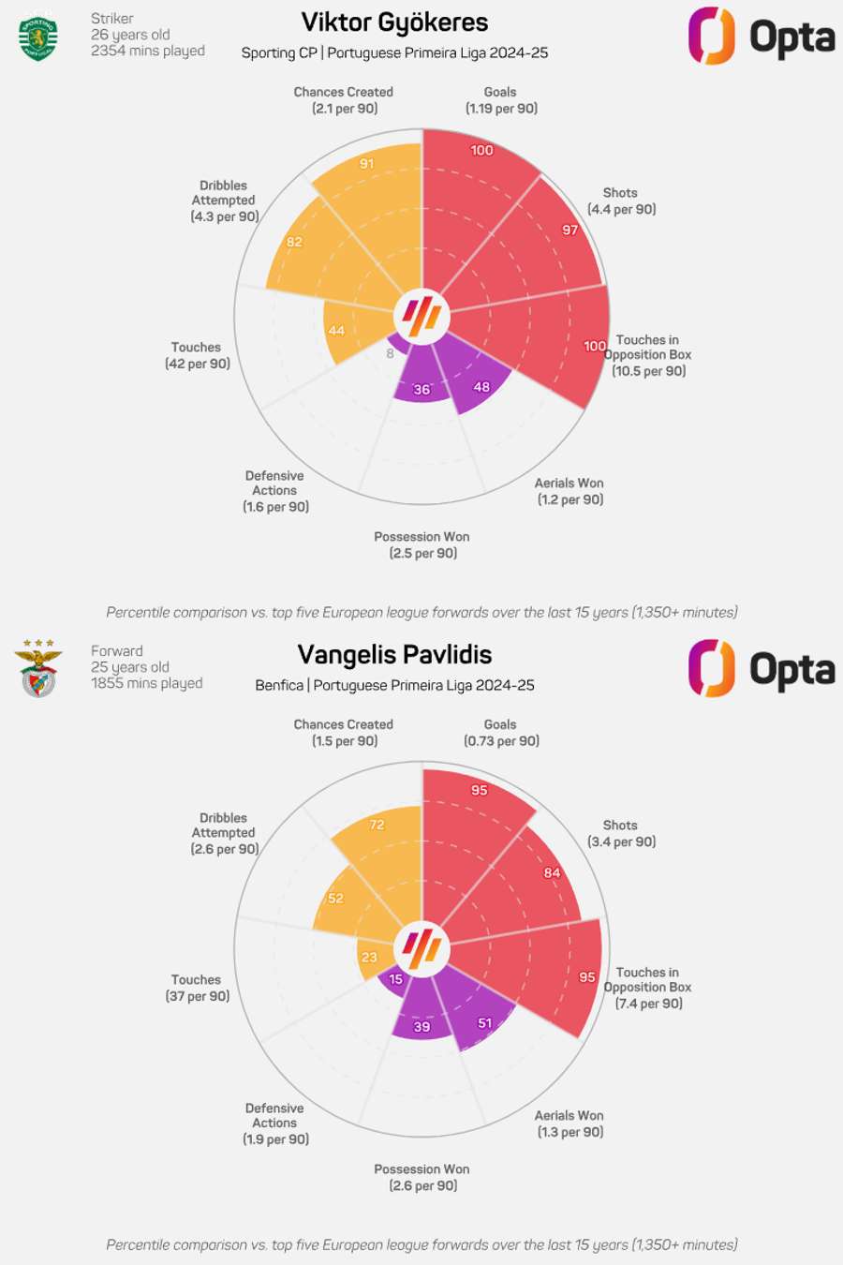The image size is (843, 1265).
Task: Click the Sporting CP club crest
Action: (38, 37)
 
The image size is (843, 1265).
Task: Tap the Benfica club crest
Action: (38, 669)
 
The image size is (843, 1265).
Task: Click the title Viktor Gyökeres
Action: (394, 22)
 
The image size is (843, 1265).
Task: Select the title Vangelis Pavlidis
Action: (394, 655)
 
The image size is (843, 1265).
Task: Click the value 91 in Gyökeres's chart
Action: (367, 164)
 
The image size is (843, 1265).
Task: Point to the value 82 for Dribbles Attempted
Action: (295, 242)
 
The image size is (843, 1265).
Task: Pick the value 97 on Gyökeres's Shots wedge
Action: (570, 230)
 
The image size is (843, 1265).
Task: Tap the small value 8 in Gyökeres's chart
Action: (391, 353)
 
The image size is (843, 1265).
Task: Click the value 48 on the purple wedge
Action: (481, 386)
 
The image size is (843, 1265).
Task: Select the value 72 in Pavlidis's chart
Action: (377, 825)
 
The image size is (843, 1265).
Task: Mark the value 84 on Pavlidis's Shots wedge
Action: (553, 872)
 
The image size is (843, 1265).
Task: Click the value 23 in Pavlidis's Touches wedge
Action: (369, 957)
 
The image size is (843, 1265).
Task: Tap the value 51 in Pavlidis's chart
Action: (484, 1023)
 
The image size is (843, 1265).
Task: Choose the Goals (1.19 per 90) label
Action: (501, 100)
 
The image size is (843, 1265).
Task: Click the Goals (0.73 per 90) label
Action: (501, 733)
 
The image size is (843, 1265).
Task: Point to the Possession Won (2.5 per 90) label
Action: (422, 544)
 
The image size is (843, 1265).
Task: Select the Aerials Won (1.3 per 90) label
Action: (569, 1124)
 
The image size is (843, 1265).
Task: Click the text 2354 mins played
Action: (148, 51)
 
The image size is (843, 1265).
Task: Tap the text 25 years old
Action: (130, 667)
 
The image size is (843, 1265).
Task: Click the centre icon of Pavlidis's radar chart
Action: (422, 948)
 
